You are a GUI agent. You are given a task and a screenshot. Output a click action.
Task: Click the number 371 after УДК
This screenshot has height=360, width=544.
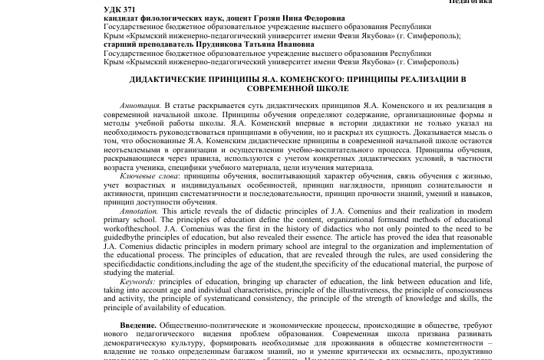[x=128, y=9]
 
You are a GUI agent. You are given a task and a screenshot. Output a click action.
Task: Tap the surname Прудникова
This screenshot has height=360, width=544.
[x=216, y=44]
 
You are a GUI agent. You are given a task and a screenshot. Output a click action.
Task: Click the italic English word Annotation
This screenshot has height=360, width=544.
[x=140, y=211]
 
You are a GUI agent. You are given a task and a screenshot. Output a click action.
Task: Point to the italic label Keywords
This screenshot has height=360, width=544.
[x=138, y=282]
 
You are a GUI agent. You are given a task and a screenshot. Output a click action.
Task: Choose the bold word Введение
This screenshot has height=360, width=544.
[x=138, y=326]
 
